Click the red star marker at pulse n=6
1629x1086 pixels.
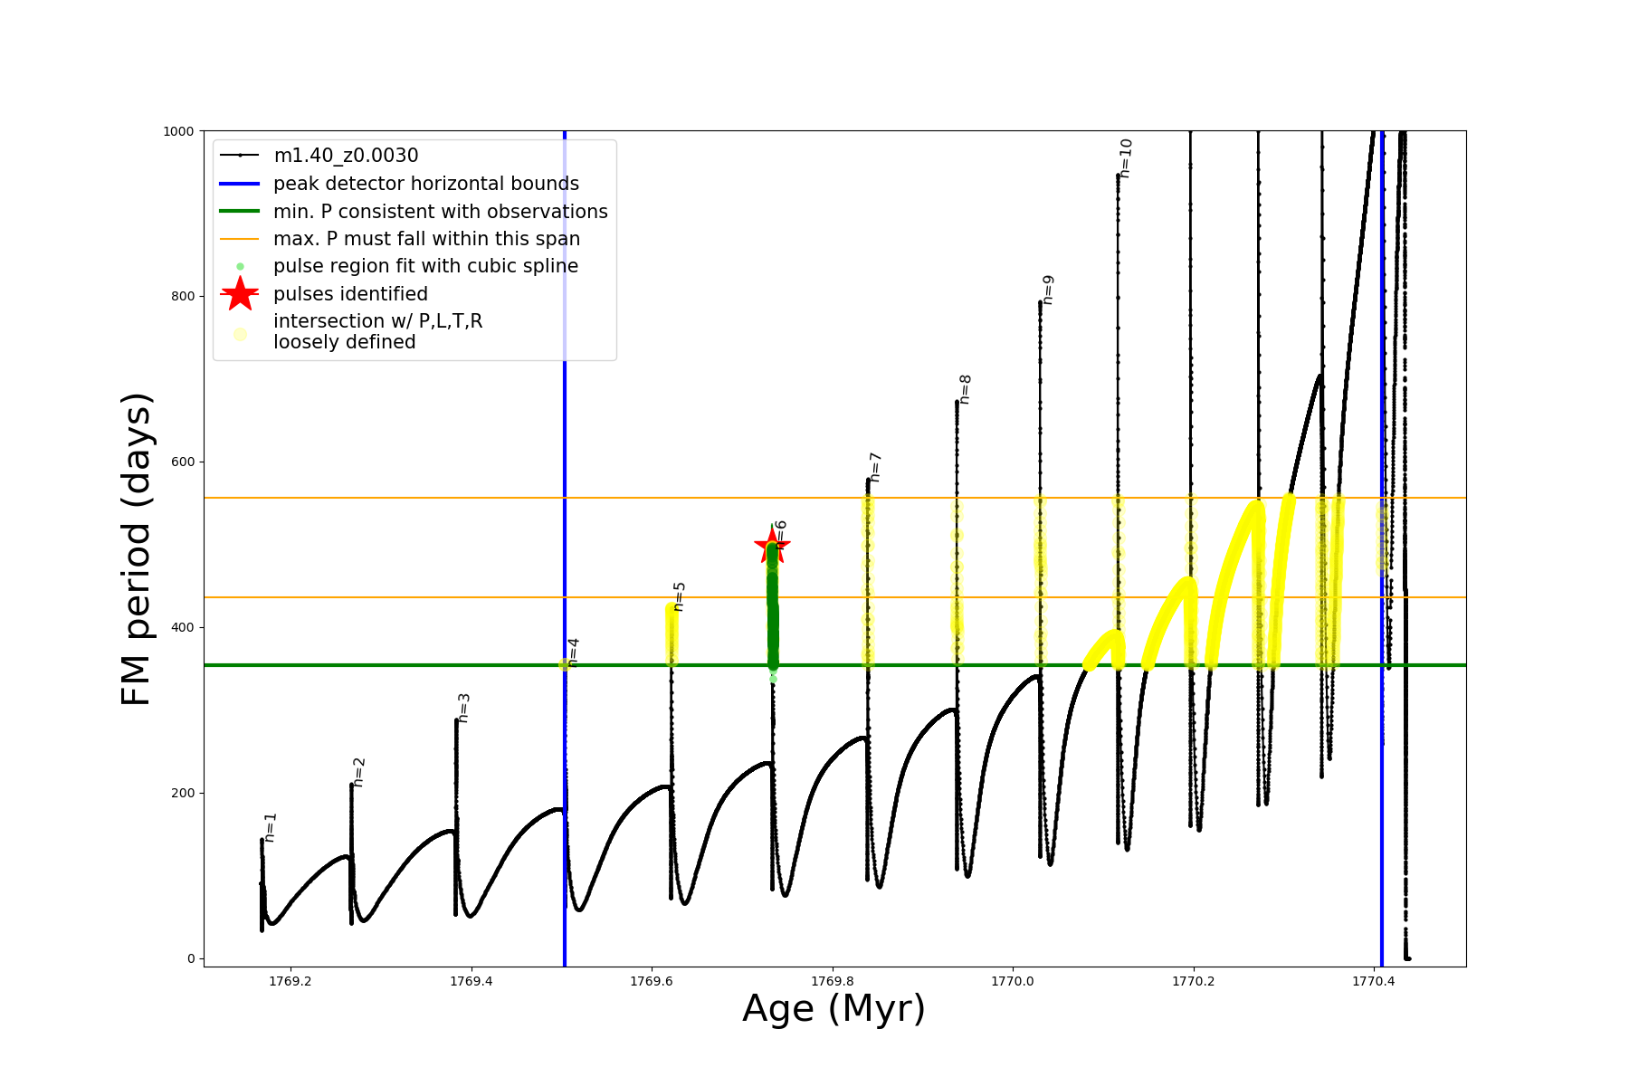[771, 544]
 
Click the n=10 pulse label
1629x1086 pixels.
[1126, 157]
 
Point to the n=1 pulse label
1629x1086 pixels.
[270, 827]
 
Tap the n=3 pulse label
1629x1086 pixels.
[463, 708]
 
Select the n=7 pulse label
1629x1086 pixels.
[875, 467]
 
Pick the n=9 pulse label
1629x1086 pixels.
[1048, 290]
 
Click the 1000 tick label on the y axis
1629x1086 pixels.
[178, 131]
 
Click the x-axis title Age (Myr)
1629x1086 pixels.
[834, 1009]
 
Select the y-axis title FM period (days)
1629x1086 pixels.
[136, 548]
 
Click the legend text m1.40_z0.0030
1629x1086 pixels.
[346, 156]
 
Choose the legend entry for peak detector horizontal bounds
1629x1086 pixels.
[425, 184]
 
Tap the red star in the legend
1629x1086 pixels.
[240, 294]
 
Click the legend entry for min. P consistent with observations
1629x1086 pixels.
[440, 212]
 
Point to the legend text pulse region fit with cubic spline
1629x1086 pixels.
[425, 266]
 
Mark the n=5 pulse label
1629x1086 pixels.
[680, 596]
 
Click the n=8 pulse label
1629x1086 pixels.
[965, 389]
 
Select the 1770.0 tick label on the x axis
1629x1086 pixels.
[1013, 981]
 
